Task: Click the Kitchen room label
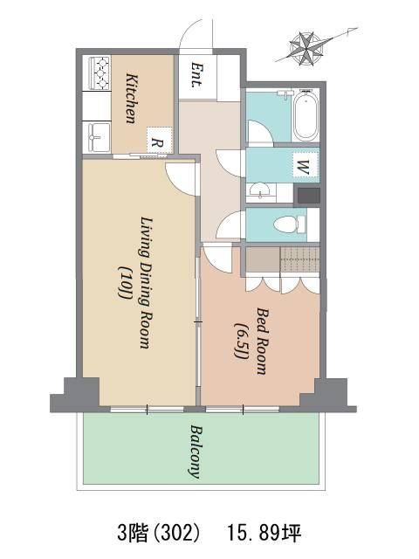(132, 99)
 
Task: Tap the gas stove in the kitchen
(100, 73)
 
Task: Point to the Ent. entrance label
(197, 75)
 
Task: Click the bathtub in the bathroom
(306, 115)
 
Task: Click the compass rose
(306, 49)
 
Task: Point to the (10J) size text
(123, 283)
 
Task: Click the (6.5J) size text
(241, 340)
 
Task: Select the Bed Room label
(262, 342)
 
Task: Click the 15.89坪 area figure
(264, 534)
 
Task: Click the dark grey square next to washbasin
(308, 196)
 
